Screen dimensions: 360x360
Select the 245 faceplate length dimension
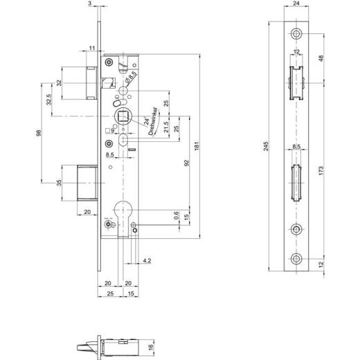click(267, 147)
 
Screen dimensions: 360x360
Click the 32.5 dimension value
click(48, 100)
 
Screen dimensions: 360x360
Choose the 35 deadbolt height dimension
click(59, 183)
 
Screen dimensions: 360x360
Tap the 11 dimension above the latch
click(91, 47)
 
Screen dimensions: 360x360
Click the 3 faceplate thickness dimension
click(91, 4)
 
